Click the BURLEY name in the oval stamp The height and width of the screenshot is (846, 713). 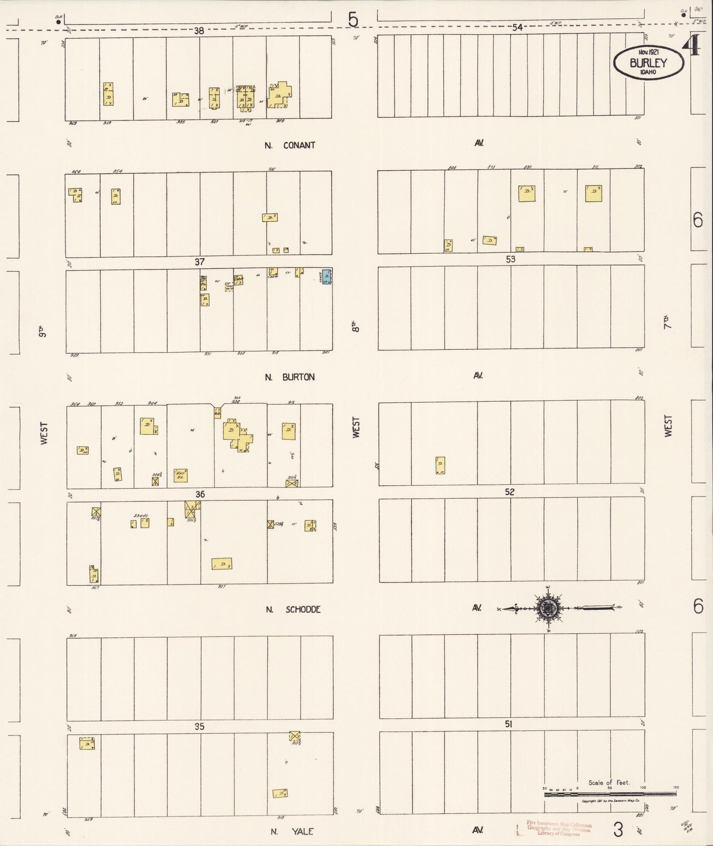tap(648, 63)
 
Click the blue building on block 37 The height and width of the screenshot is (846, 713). tap(327, 277)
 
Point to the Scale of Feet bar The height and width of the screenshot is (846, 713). tap(610, 794)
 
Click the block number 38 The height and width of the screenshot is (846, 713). tap(199, 31)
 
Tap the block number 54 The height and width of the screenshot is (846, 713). tap(517, 28)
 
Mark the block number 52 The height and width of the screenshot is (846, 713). tap(509, 492)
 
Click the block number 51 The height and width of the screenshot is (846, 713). tap(509, 724)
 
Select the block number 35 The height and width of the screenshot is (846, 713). tap(199, 727)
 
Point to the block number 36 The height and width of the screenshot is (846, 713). tap(200, 494)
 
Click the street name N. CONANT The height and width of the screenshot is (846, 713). tap(290, 145)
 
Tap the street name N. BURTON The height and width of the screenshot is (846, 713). tap(290, 377)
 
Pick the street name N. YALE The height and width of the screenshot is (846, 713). tap(292, 831)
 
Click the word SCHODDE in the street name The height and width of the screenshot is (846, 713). tap(303, 610)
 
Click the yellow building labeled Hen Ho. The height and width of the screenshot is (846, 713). tap(180, 475)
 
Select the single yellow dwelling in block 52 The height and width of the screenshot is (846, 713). tap(440, 465)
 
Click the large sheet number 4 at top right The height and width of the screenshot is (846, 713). tap(692, 47)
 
